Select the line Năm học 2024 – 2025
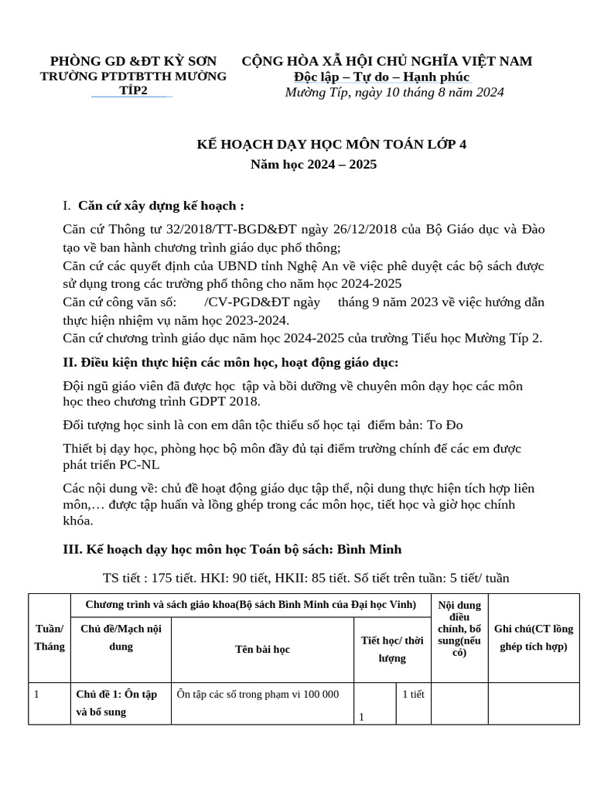point(314,165)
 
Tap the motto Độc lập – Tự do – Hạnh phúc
point(382,77)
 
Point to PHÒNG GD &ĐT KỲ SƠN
point(133,61)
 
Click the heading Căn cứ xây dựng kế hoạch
point(161,206)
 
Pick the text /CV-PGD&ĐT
point(241,301)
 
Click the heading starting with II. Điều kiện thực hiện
point(230,362)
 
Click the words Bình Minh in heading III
point(368,549)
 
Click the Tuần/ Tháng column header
point(49,638)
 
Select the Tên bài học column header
point(262,650)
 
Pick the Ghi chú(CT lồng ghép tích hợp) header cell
point(534,638)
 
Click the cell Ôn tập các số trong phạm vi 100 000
point(258,695)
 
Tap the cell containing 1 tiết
point(414,695)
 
